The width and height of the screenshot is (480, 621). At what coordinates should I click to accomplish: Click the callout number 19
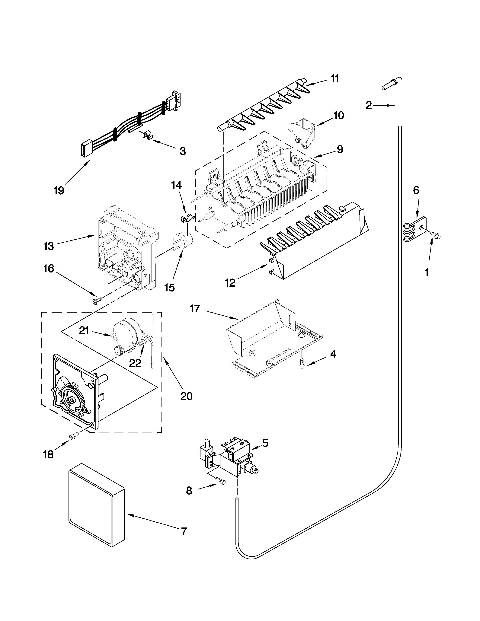pyautogui.click(x=59, y=190)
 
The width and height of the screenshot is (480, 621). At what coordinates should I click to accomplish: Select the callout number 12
pyautogui.click(x=230, y=283)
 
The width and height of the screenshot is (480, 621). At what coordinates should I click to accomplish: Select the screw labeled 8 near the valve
pyautogui.click(x=221, y=481)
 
